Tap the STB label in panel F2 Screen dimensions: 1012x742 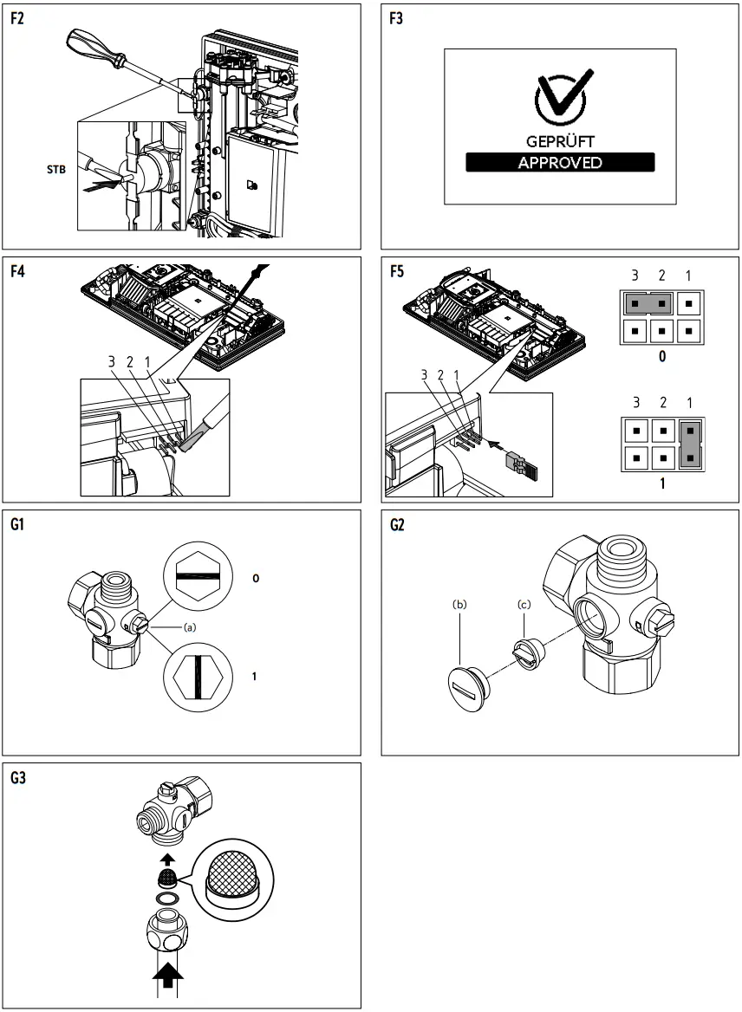click(55, 170)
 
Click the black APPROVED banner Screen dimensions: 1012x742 click(559, 162)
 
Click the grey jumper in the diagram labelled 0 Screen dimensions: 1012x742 click(648, 302)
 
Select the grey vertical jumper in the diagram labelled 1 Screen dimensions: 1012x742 click(689, 441)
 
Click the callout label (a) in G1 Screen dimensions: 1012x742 click(188, 625)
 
